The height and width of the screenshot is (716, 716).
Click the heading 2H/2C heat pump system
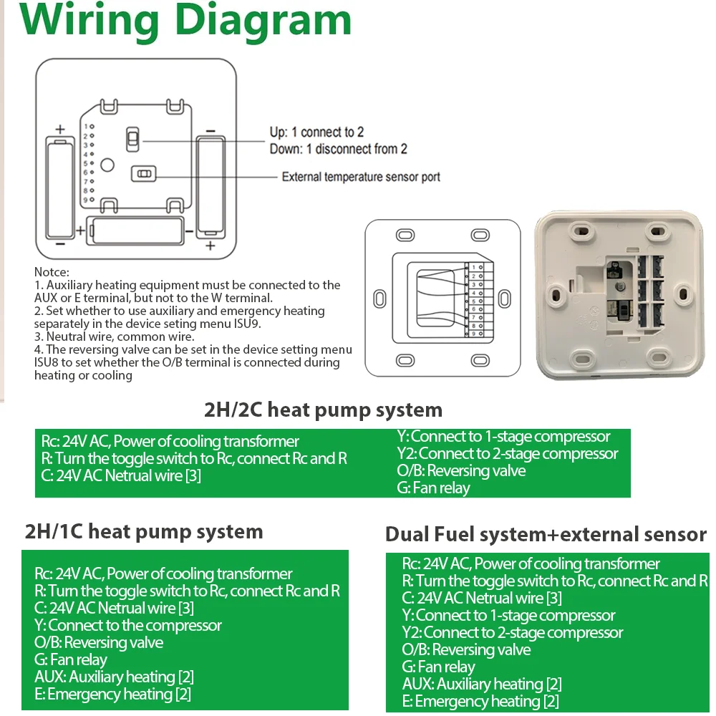(323, 410)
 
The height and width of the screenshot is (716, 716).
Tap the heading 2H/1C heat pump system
(144, 532)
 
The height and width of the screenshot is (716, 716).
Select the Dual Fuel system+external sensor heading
(546, 535)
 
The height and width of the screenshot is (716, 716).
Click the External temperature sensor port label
(361, 177)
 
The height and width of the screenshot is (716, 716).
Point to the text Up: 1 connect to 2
(316, 132)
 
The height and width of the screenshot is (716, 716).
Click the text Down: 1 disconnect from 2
(338, 149)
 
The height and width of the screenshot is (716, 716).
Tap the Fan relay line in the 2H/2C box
(434, 488)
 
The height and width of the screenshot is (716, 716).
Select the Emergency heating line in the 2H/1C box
(112, 694)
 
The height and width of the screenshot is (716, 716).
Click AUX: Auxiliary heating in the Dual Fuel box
(481, 684)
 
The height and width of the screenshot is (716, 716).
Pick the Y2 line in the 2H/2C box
(507, 454)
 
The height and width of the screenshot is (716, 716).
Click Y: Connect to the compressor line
(127, 625)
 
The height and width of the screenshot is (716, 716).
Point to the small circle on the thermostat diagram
(107, 165)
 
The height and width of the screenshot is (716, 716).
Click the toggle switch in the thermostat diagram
(132, 139)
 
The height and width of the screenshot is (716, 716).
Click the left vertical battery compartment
(61, 187)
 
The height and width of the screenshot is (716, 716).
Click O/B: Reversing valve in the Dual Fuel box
(466, 650)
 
